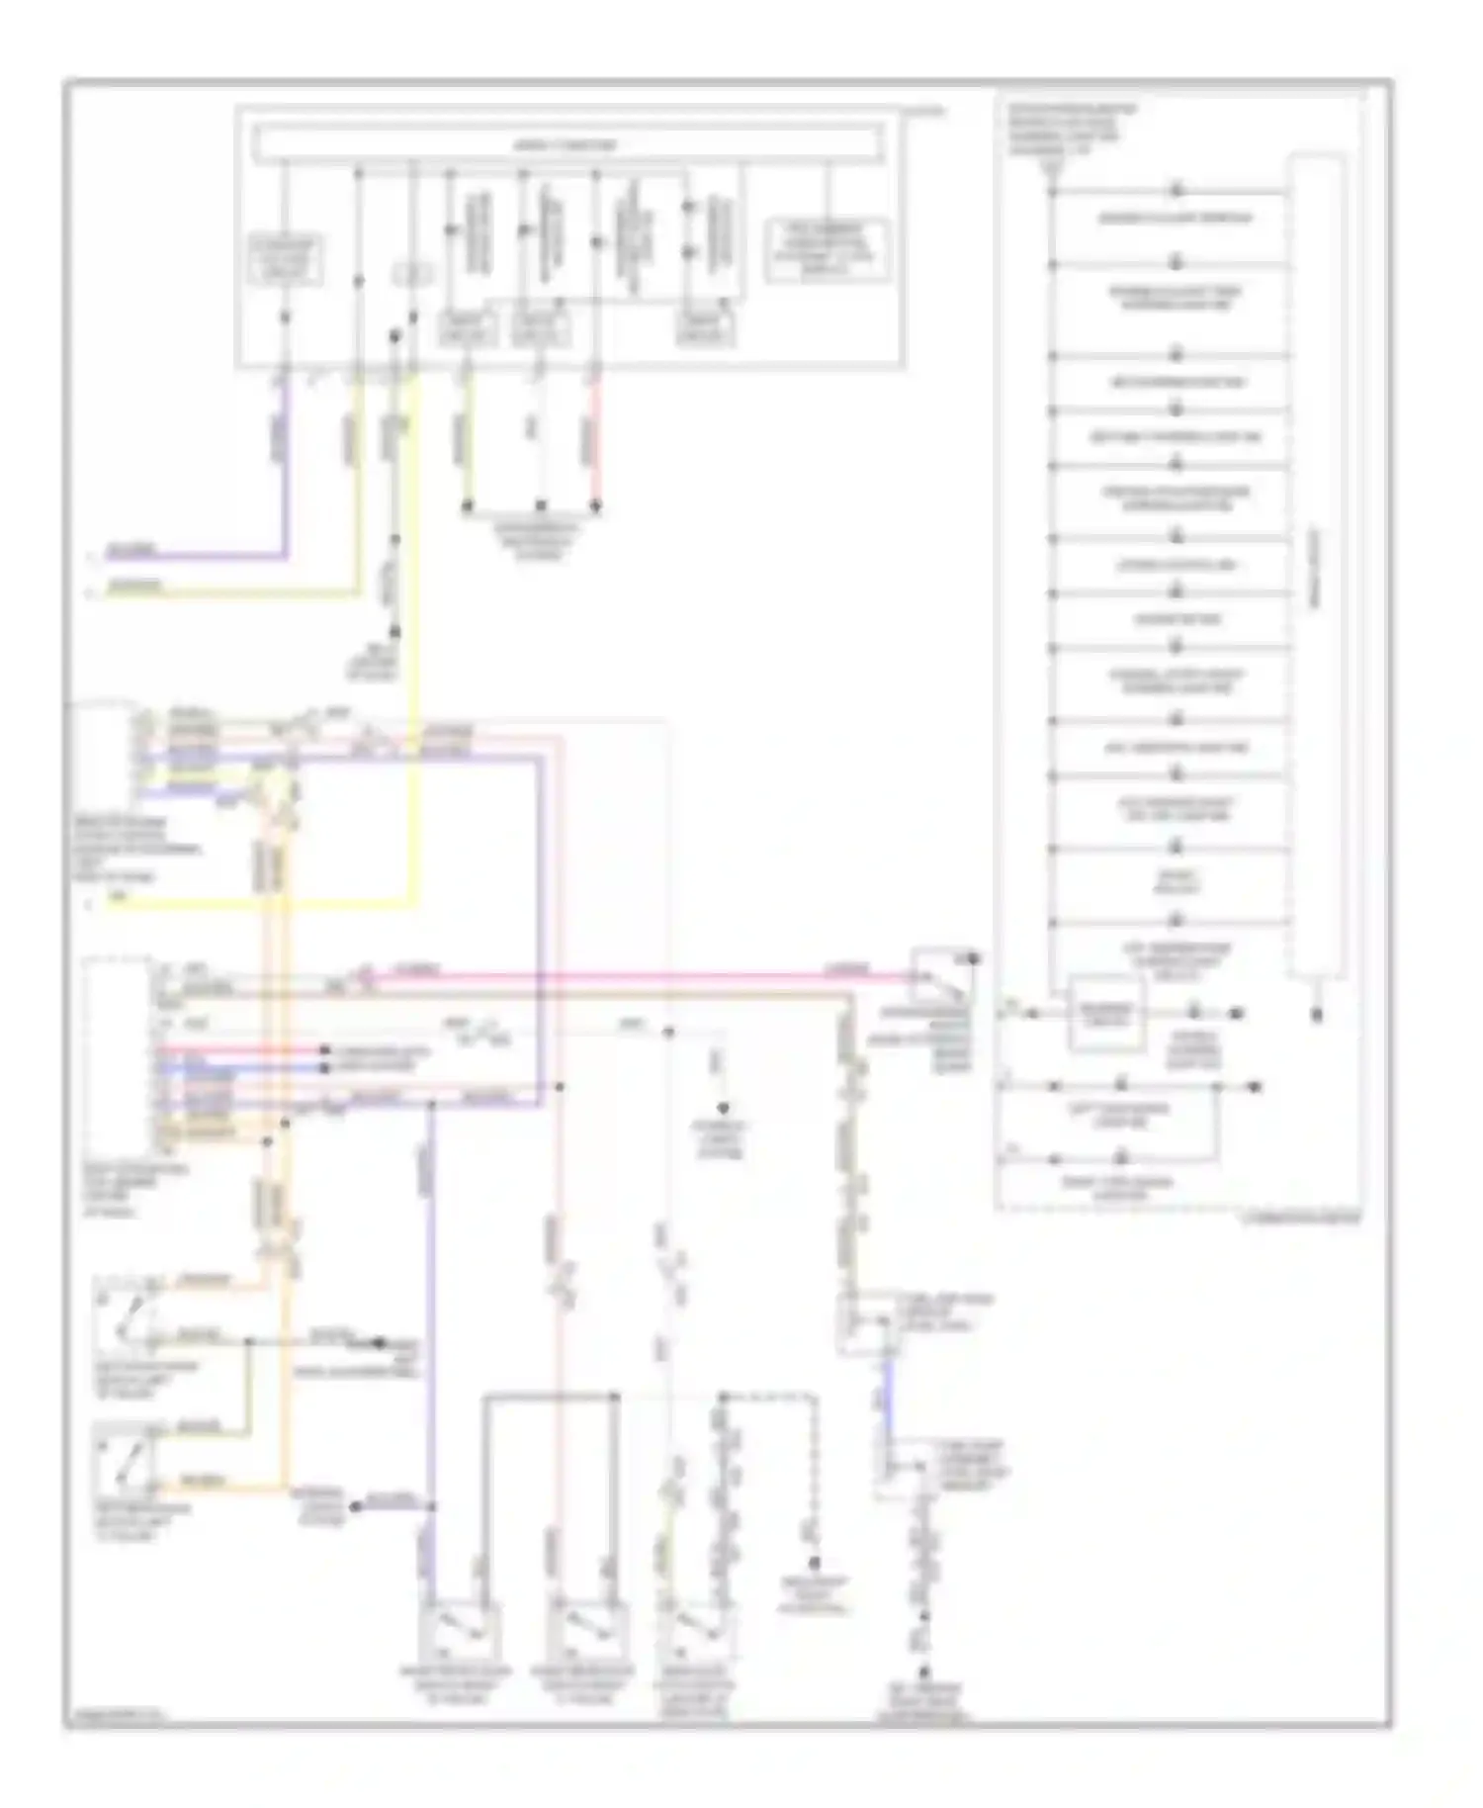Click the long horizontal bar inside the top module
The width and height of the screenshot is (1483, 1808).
tap(568, 144)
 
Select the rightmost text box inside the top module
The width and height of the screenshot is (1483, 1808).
tap(829, 250)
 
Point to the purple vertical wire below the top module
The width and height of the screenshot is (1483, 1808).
tap(287, 465)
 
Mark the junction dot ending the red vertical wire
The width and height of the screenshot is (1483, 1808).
tap(596, 507)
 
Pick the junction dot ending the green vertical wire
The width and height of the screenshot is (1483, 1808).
tap(468, 507)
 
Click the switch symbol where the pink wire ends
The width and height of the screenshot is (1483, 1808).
tap(940, 975)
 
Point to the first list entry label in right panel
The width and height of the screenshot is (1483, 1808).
tap(1175, 219)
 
